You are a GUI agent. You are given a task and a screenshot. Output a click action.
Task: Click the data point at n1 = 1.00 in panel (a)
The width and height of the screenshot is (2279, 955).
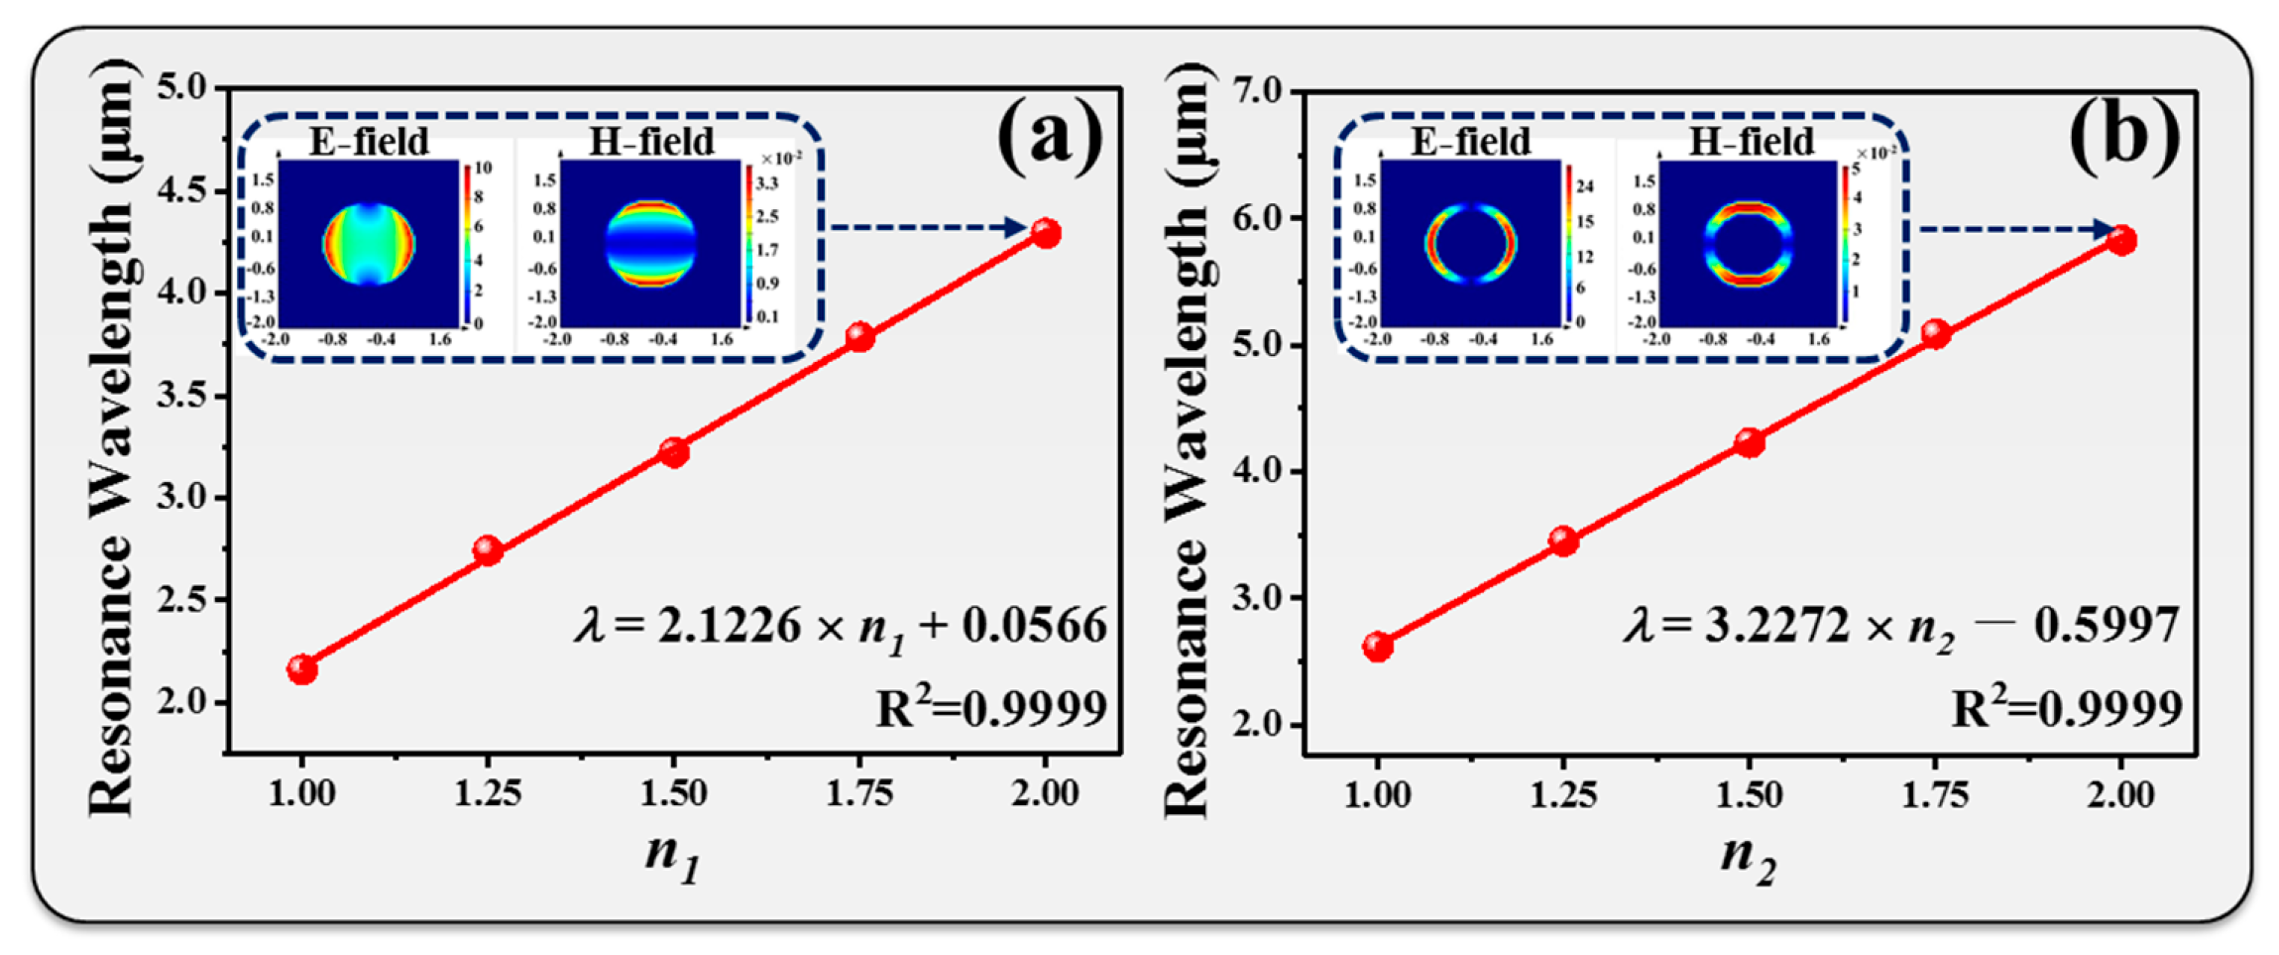[302, 669]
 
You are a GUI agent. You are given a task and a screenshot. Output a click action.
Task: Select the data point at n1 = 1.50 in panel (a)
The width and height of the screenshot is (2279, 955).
[674, 452]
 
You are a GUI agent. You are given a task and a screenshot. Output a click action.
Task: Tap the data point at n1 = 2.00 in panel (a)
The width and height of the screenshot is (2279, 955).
[1046, 233]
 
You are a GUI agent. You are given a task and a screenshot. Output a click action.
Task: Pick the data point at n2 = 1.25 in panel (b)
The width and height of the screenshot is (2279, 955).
[1563, 540]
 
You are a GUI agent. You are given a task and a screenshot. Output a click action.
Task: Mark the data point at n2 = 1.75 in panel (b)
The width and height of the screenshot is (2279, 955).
[1935, 333]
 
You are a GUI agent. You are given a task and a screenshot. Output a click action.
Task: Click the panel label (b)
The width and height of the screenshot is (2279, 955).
[2123, 137]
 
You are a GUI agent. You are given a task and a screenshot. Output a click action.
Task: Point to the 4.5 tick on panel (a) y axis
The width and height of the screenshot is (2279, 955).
[187, 190]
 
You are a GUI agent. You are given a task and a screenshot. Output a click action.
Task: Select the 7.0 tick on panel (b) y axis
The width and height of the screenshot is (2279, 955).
[1262, 92]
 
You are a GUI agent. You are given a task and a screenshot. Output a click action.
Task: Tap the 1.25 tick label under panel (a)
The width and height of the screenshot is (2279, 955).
[488, 793]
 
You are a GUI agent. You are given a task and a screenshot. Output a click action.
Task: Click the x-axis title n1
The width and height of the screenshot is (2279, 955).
[673, 856]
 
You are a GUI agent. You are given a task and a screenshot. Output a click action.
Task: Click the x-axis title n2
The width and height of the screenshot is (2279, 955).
[1749, 856]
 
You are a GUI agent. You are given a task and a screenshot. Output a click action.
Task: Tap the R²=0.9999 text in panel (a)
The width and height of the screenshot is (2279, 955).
[991, 708]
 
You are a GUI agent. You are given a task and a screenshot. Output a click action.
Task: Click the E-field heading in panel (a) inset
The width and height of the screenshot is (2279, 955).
[369, 142]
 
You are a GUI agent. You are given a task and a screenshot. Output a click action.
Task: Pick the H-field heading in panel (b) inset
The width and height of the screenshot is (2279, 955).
[1751, 142]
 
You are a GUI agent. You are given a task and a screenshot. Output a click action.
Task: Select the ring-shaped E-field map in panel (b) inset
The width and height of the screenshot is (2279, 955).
[1470, 243]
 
